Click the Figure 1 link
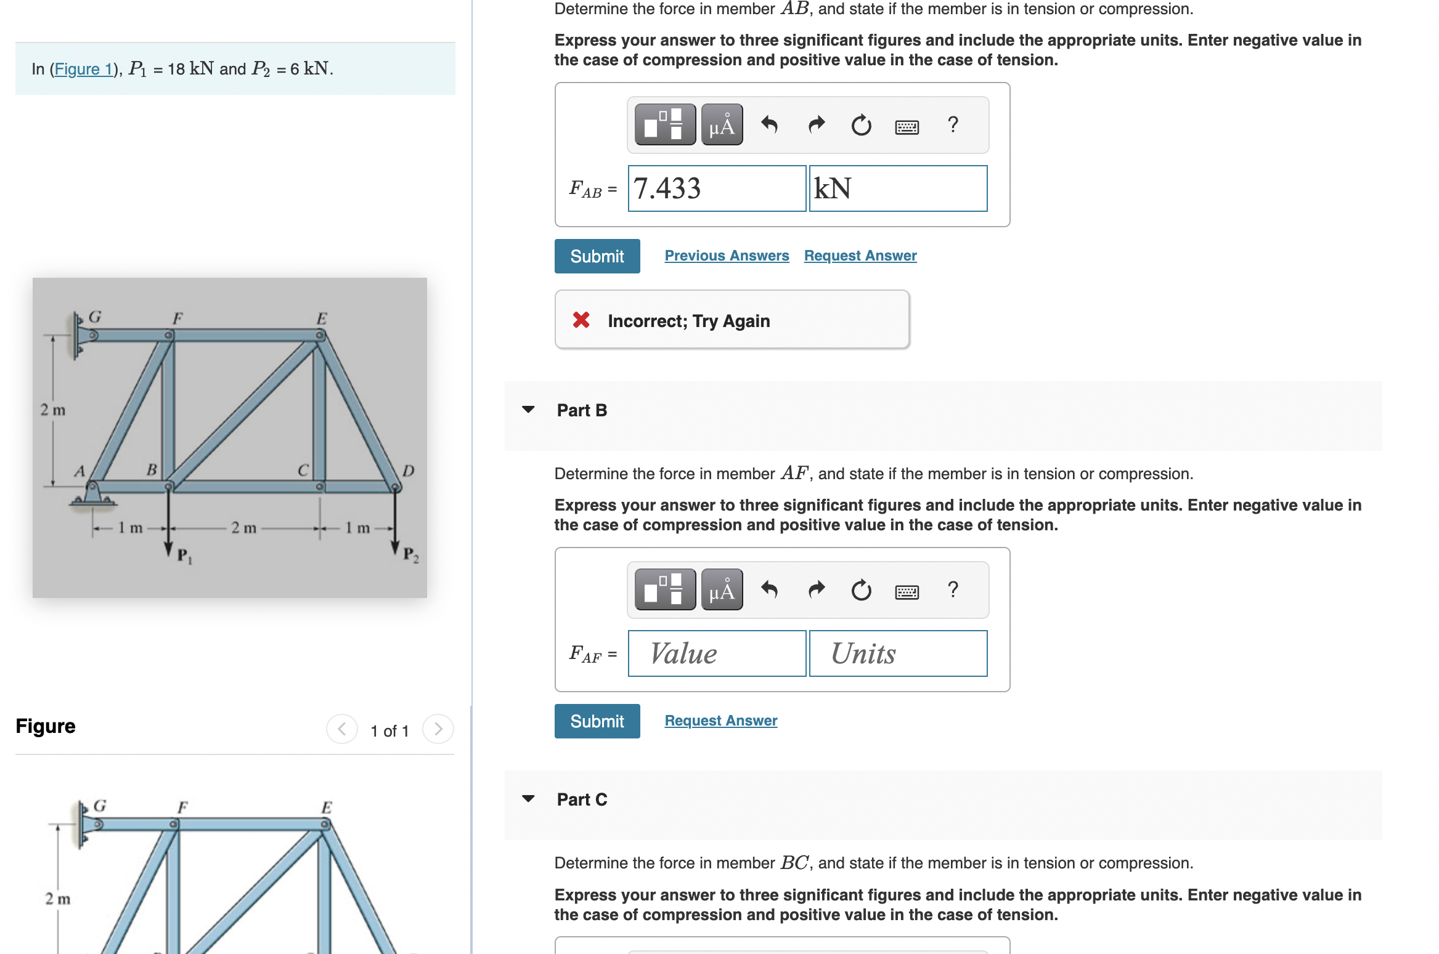click(x=83, y=69)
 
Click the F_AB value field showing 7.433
click(x=716, y=188)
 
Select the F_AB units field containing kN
click(x=897, y=188)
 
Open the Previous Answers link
click(x=726, y=256)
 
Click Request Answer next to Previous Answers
click(x=860, y=256)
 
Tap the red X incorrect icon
click(x=581, y=320)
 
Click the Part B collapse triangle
click(x=528, y=410)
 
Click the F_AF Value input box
click(x=716, y=653)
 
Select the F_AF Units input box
click(x=897, y=653)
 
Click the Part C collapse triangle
click(x=528, y=799)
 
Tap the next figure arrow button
click(x=438, y=729)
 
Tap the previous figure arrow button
click(x=342, y=729)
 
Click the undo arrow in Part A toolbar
click(x=769, y=125)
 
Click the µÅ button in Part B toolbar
click(x=722, y=590)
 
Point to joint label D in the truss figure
click(x=408, y=471)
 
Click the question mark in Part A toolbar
click(x=953, y=125)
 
